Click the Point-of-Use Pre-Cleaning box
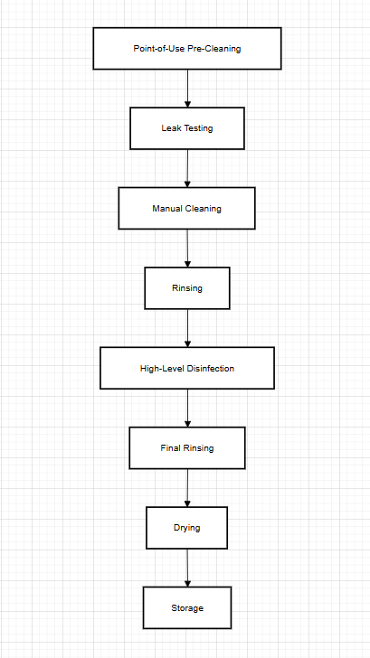187,48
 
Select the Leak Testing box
187,128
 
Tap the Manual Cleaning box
187,208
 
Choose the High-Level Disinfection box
187,368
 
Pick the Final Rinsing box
187,447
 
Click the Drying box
187,527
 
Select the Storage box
187,607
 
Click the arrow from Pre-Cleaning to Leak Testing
187,89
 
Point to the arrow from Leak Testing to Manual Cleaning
187,168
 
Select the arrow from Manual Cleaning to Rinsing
187,248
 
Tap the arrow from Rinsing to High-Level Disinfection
187,328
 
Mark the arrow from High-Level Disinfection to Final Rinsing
187,408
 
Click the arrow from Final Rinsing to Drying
187,487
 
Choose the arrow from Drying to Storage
187,567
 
